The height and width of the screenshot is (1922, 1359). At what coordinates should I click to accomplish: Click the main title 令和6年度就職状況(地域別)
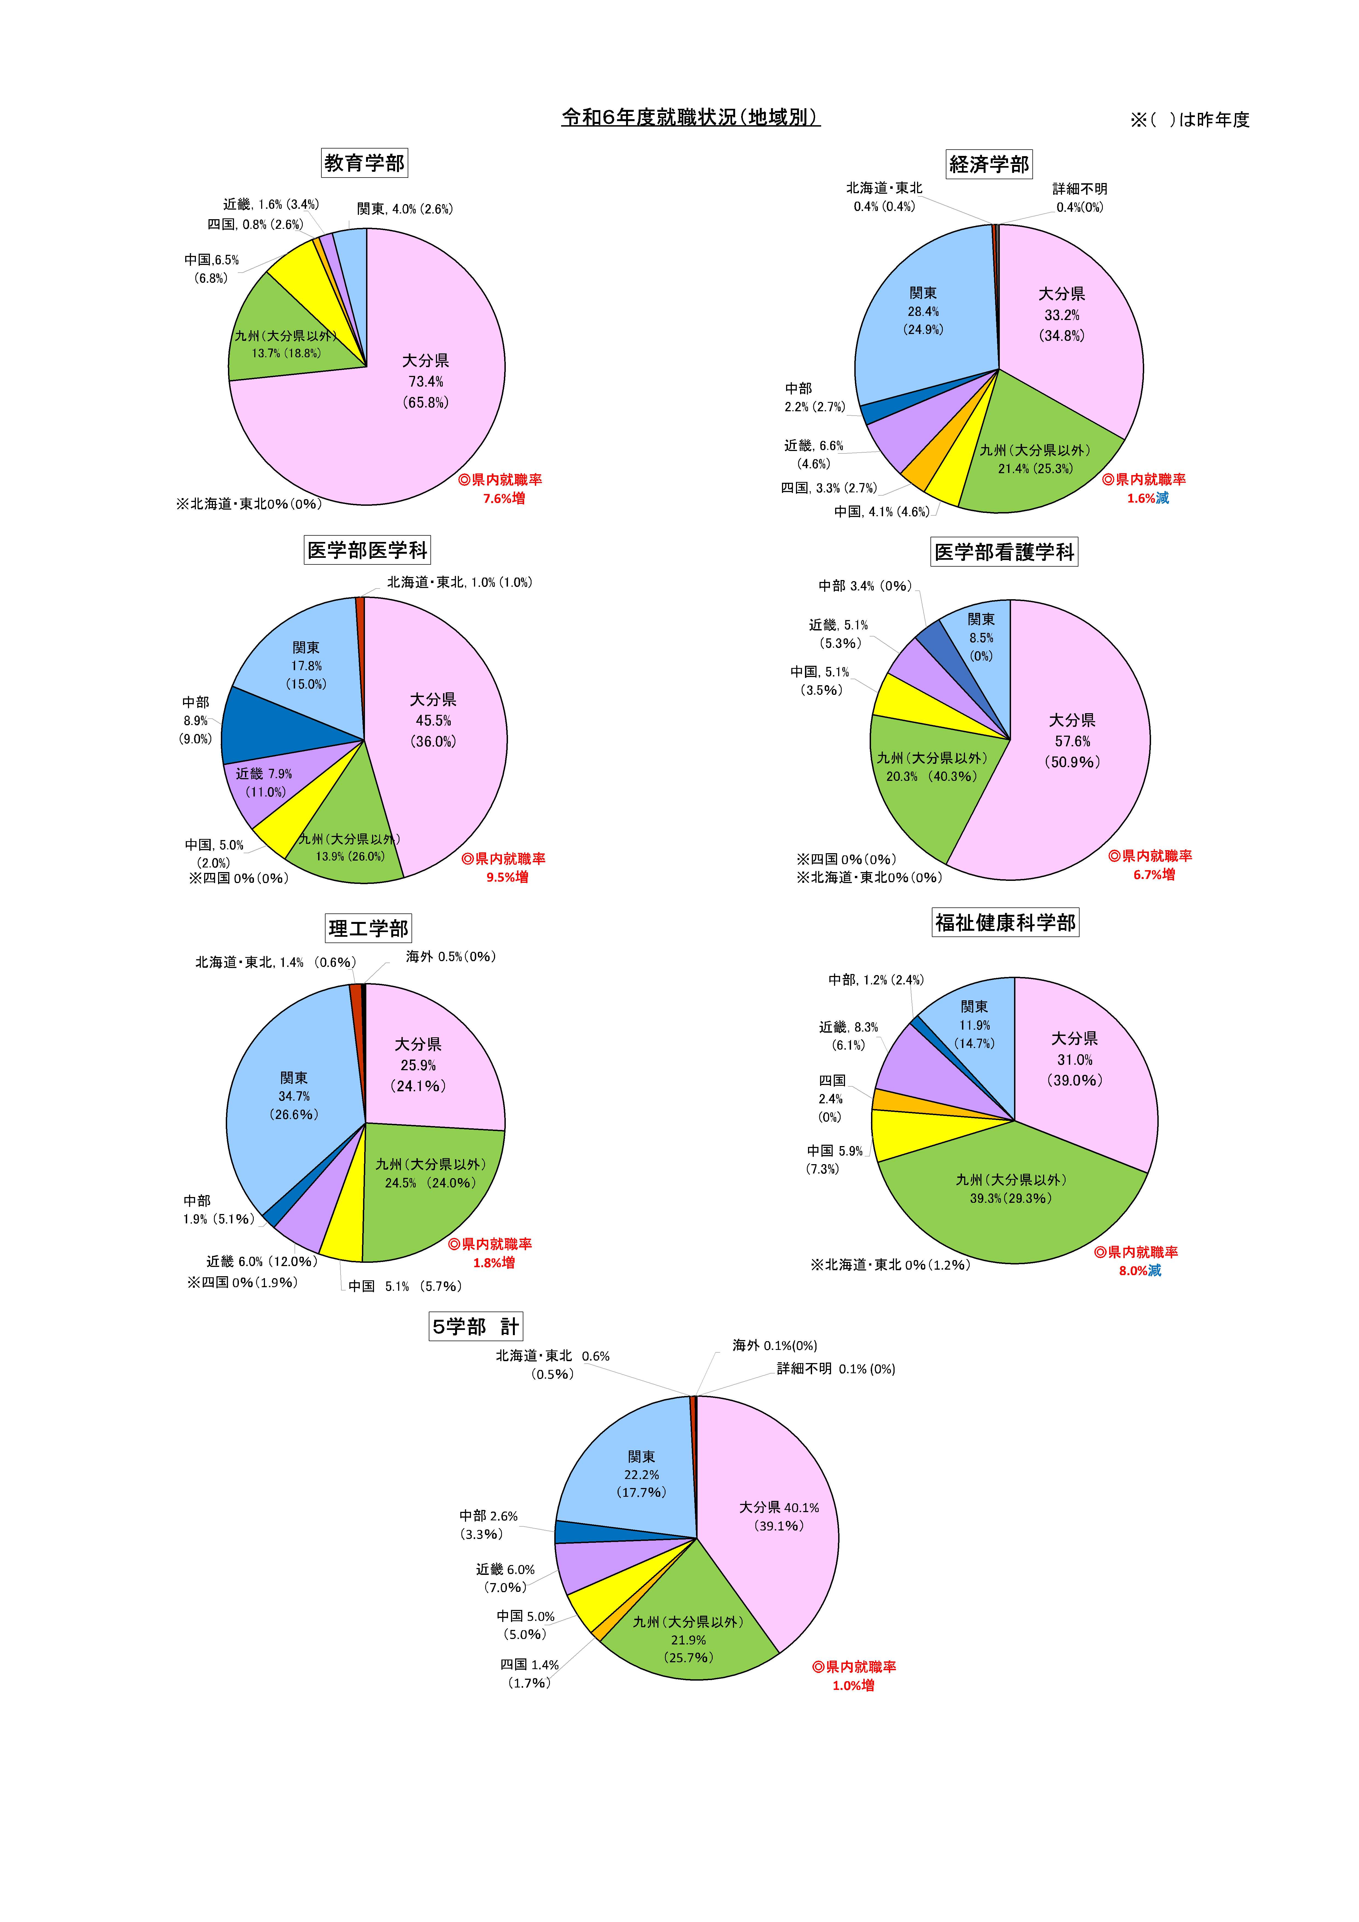(690, 117)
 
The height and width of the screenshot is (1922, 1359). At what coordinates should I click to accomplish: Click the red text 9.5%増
(507, 877)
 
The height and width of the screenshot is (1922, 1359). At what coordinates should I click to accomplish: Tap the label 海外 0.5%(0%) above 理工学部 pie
(450, 957)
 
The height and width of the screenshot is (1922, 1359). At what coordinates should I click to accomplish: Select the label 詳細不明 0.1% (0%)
(836, 1369)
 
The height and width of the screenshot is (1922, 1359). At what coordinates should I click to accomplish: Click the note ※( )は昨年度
(1189, 120)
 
